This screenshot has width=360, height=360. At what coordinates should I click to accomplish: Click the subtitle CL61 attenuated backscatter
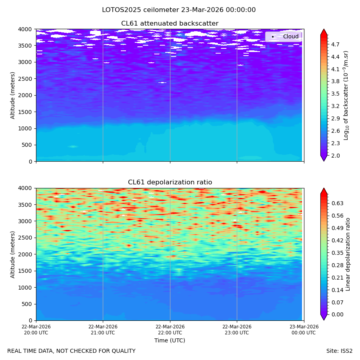[x=170, y=24]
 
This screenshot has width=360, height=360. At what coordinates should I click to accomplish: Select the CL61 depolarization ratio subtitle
[x=170, y=182]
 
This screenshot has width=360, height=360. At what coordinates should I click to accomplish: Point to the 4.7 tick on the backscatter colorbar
[x=335, y=44]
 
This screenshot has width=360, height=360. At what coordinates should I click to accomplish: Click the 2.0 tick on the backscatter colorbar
[x=335, y=156]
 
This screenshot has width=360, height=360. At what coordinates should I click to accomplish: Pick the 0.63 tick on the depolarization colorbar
[x=337, y=203]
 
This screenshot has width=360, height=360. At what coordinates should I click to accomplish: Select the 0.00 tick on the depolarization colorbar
[x=337, y=314]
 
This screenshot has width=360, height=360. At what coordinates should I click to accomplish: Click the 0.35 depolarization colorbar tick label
[x=337, y=253]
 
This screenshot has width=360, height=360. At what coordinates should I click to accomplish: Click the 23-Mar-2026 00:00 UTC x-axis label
[x=304, y=330]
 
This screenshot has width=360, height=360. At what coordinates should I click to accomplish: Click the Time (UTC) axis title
[x=170, y=340]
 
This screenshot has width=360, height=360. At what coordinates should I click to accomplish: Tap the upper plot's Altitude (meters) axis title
[x=12, y=96]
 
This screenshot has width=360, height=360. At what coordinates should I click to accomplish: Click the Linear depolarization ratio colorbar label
[x=348, y=254]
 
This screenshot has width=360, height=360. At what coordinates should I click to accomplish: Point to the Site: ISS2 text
[x=339, y=351]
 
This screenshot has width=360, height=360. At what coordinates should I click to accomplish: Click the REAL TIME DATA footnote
[x=72, y=351]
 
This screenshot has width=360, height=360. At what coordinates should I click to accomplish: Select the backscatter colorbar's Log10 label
[x=346, y=96]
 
